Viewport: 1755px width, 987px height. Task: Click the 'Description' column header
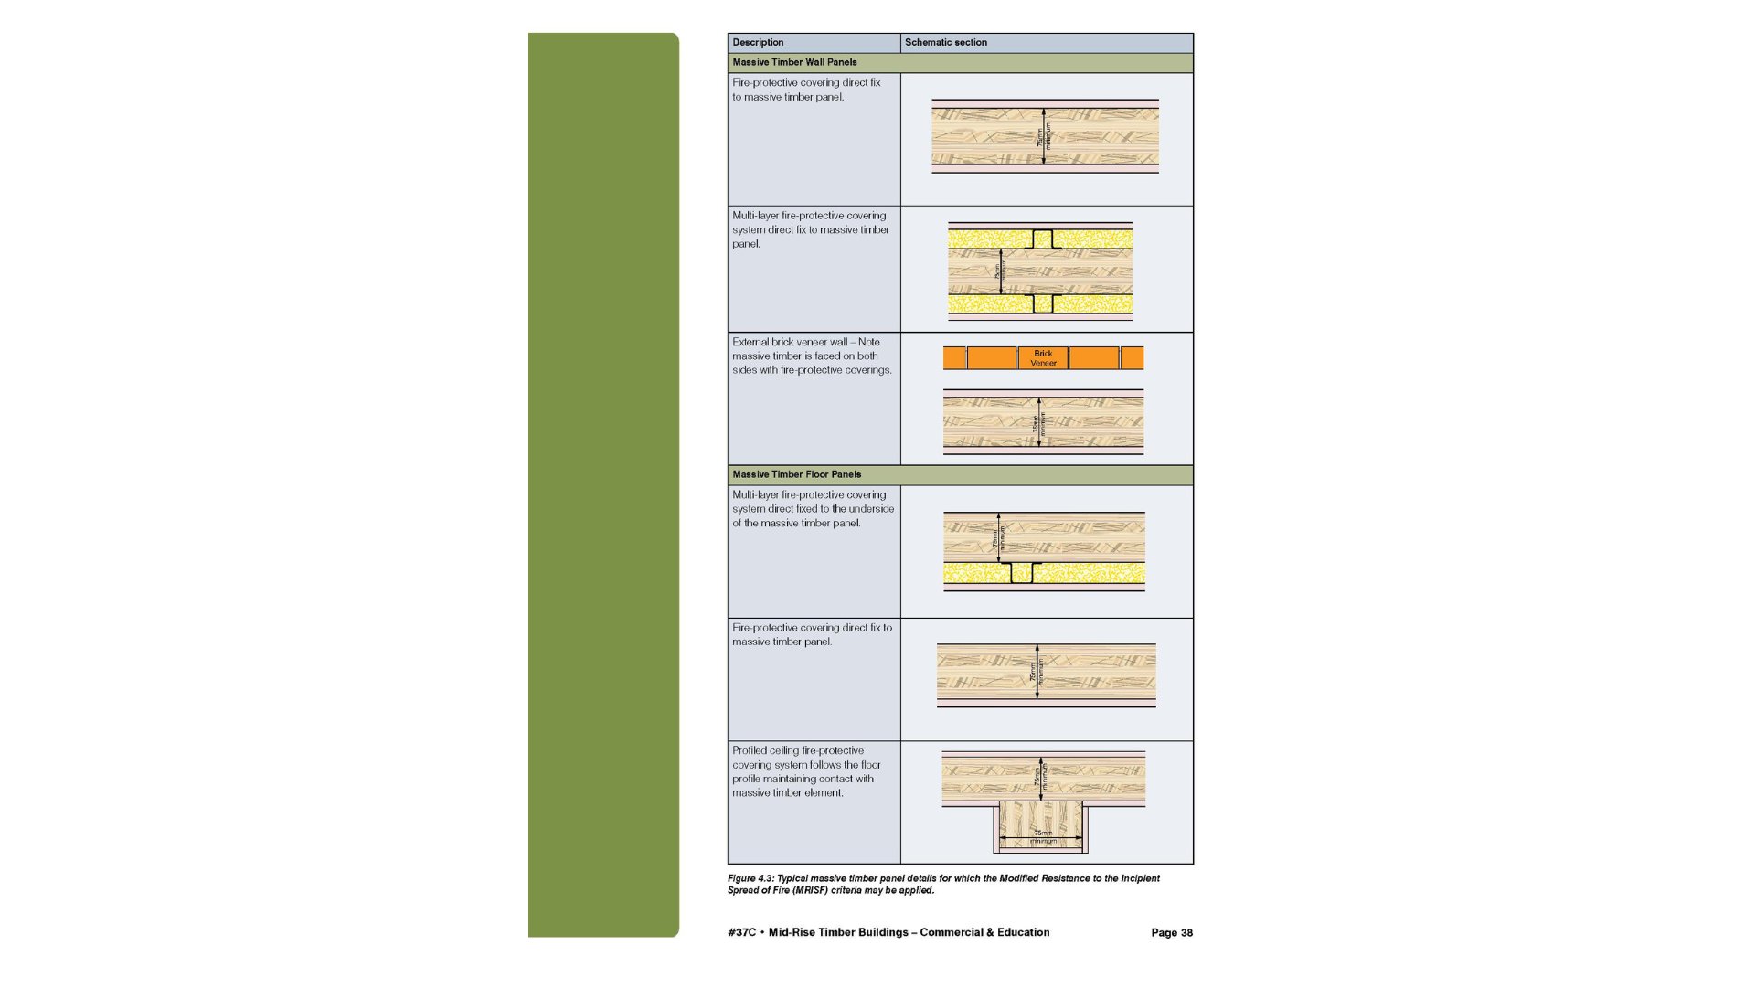758,43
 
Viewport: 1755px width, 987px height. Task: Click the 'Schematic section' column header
945,43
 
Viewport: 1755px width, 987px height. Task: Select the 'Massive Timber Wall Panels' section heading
794,63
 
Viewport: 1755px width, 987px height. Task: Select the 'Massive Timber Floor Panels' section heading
796,475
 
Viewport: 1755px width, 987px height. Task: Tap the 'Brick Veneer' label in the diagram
1043,358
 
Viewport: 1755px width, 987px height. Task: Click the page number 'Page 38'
1171,933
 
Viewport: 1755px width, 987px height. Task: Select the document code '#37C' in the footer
741,933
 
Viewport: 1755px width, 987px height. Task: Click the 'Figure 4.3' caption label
750,879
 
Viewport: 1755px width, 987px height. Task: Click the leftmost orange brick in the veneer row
954,358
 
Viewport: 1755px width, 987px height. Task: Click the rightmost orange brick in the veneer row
1132,358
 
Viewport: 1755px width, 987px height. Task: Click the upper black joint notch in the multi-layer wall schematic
1042,239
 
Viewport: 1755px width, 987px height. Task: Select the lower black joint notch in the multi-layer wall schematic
1042,303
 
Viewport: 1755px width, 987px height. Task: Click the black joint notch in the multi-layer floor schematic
1021,573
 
